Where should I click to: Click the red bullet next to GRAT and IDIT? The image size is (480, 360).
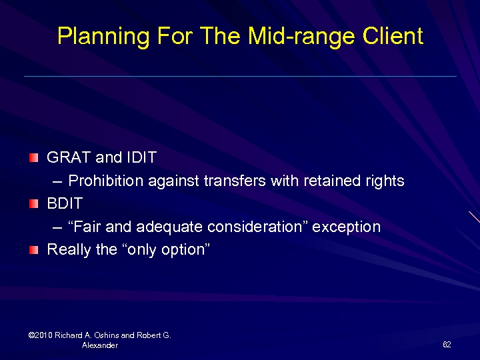tap(34, 158)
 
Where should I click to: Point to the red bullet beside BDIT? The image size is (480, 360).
tap(34, 204)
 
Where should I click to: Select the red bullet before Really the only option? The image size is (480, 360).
tap(34, 251)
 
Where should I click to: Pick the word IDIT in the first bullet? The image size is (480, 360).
tap(141, 158)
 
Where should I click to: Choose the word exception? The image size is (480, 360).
tap(347, 227)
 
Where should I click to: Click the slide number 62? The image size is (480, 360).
tap(447, 345)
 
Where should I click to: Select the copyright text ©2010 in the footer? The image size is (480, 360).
tap(41, 335)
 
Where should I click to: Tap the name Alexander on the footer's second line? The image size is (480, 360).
tap(100, 345)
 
